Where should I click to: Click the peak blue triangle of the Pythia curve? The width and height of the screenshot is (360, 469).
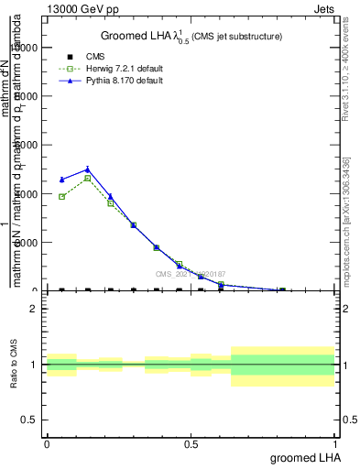click(x=87, y=169)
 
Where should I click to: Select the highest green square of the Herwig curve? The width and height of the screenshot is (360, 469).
click(x=87, y=178)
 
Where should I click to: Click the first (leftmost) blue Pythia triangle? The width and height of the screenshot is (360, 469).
click(x=61, y=180)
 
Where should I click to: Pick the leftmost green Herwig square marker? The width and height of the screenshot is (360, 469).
click(x=61, y=196)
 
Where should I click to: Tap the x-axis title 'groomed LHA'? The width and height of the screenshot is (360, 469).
click(x=302, y=456)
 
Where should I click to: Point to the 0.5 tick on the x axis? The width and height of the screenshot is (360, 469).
click(x=191, y=444)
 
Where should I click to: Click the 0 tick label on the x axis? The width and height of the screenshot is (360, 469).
click(x=47, y=444)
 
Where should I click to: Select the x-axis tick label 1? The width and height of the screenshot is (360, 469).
click(x=336, y=444)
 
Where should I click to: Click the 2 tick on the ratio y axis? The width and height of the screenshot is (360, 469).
click(x=34, y=309)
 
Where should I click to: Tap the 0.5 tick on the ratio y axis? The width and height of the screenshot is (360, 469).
click(x=31, y=420)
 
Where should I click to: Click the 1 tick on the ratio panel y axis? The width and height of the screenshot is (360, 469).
click(x=34, y=365)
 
